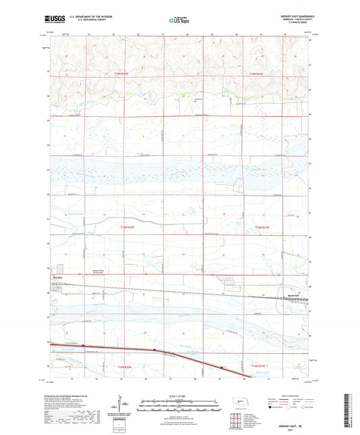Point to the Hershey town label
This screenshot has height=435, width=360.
[57, 277]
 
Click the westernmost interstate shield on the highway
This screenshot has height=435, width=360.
[154, 350]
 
